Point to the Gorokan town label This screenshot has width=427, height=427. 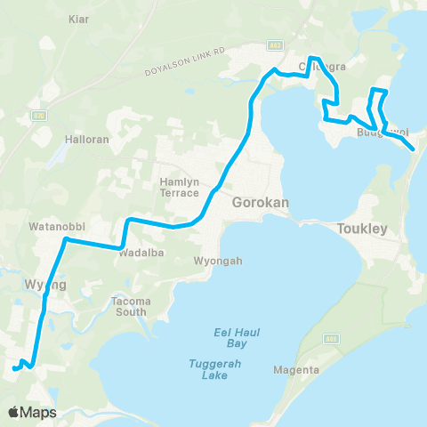(259, 203)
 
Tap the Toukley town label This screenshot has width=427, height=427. (363, 229)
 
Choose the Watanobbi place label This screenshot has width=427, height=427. (55, 227)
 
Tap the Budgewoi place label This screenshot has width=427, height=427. (383, 133)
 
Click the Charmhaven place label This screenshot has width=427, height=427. (322, 65)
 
